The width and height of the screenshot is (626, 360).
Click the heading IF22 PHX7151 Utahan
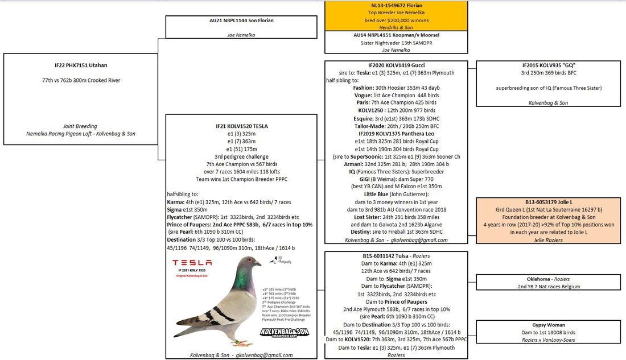pyautogui.click(x=80, y=66)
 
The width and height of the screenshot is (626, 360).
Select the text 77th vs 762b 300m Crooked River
pyautogui.click(x=80, y=80)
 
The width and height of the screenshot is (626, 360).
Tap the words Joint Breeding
pyautogui.click(x=80, y=126)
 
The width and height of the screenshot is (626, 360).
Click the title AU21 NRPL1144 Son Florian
pyautogui.click(x=241, y=20)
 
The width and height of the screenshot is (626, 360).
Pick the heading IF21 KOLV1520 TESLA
pyautogui.click(x=241, y=126)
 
